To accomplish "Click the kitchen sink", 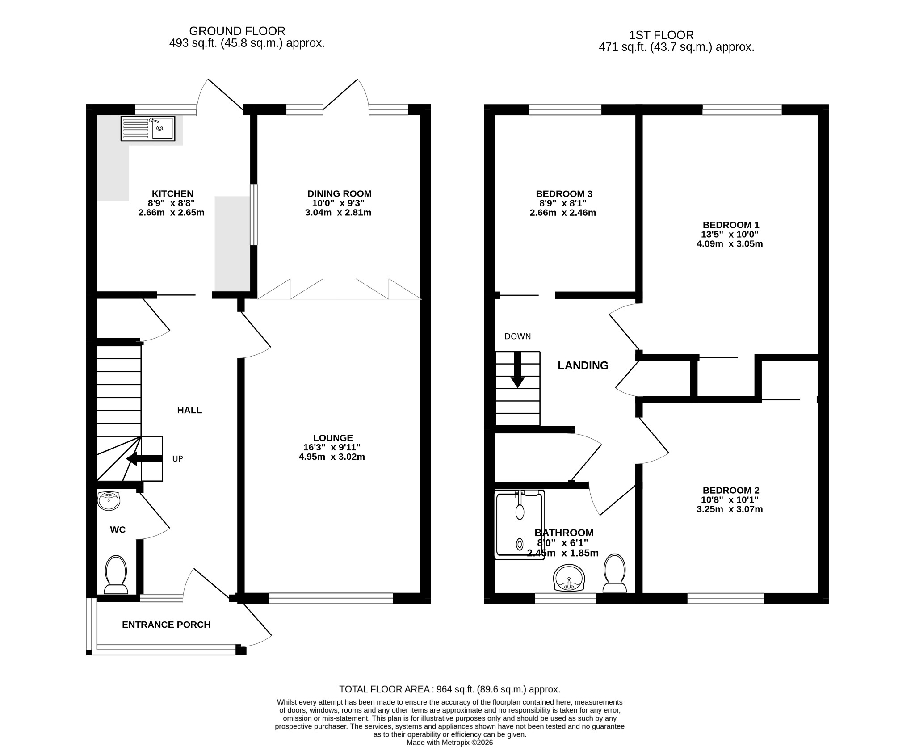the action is [148, 129].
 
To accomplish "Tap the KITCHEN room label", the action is [172, 193].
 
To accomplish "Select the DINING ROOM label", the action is [339, 193].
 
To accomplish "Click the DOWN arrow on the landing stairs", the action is [518, 369].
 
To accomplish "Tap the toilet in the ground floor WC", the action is [116, 575].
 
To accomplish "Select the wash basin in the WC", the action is [109, 501].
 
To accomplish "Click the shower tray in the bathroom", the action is [520, 525].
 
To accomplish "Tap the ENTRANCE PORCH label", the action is [166, 625].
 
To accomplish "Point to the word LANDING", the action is [583, 365].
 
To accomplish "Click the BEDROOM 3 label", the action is [564, 193].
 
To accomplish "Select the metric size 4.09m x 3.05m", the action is [730, 244].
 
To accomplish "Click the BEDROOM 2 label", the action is [730, 490].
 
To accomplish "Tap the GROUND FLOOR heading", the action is [237, 31].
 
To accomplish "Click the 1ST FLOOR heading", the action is [661, 35].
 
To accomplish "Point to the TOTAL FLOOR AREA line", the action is [449, 689].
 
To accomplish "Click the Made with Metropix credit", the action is [449, 743].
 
